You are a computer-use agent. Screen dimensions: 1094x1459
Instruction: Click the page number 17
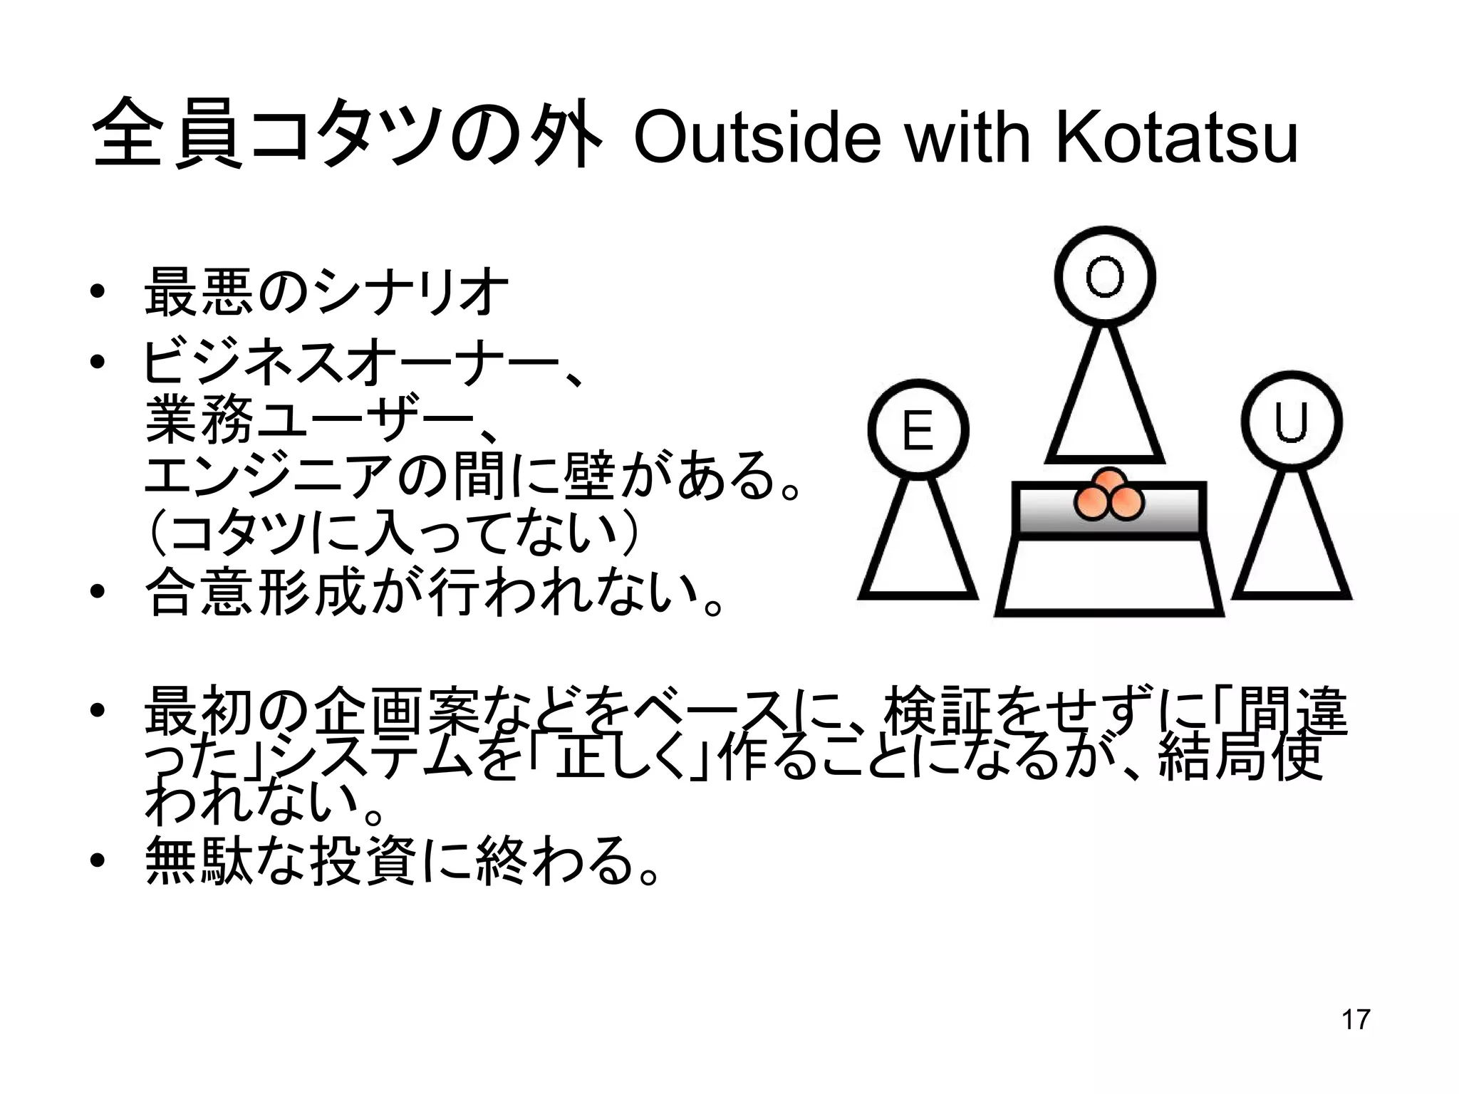1355,1019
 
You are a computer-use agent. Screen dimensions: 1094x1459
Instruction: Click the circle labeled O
1105,277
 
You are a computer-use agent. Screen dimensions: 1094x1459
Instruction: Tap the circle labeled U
1291,422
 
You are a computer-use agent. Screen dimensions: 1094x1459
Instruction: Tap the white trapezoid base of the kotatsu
1108,577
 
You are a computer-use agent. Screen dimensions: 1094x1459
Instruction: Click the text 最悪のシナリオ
326,293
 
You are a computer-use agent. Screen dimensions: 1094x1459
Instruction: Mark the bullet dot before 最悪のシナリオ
98,293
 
